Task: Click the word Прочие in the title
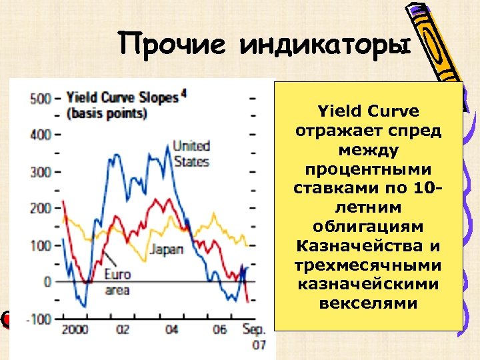175,46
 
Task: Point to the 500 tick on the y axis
41,99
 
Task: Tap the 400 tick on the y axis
41,135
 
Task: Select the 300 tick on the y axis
41,172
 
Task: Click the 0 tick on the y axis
47,281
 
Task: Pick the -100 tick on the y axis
39,319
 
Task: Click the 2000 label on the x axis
74,329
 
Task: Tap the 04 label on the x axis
171,329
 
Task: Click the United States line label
191,153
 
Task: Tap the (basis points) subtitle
107,113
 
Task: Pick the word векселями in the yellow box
368,304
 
